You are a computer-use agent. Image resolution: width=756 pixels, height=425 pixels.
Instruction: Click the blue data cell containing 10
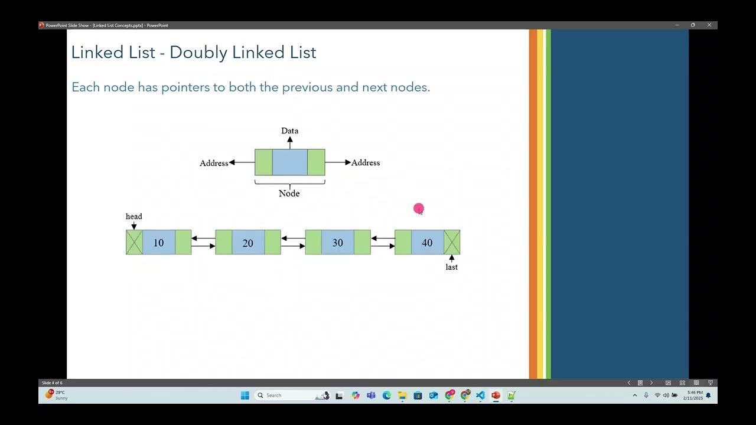click(x=158, y=243)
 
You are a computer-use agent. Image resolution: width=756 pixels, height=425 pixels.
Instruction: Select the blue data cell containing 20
click(x=248, y=243)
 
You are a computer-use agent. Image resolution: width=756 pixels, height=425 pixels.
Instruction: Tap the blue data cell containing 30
click(x=338, y=243)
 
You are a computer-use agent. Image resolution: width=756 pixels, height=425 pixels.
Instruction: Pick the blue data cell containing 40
click(x=427, y=243)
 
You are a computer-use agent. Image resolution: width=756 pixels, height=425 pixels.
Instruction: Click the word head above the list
click(x=134, y=217)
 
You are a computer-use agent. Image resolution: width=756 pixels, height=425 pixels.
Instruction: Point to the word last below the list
click(x=451, y=267)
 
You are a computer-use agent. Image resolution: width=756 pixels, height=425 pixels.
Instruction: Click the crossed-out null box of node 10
click(x=134, y=243)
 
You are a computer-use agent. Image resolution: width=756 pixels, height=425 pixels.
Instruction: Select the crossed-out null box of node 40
click(x=452, y=243)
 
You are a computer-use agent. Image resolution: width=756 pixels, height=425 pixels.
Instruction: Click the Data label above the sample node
click(x=289, y=131)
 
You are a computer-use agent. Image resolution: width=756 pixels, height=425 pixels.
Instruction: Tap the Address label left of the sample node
click(x=214, y=164)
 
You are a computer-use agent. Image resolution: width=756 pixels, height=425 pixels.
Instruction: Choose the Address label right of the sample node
click(x=366, y=163)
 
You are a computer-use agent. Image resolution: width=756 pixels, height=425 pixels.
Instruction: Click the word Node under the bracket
click(x=289, y=194)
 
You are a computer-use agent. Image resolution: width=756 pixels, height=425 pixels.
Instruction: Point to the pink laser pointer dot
click(x=419, y=208)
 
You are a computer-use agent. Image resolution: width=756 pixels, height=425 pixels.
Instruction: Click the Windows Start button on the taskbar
click(x=245, y=395)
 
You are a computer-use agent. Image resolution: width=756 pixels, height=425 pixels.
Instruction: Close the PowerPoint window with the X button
click(x=709, y=25)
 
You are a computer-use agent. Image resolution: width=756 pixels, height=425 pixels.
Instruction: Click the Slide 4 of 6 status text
click(x=52, y=383)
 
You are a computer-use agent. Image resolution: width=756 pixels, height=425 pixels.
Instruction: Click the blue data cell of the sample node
click(x=289, y=162)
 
